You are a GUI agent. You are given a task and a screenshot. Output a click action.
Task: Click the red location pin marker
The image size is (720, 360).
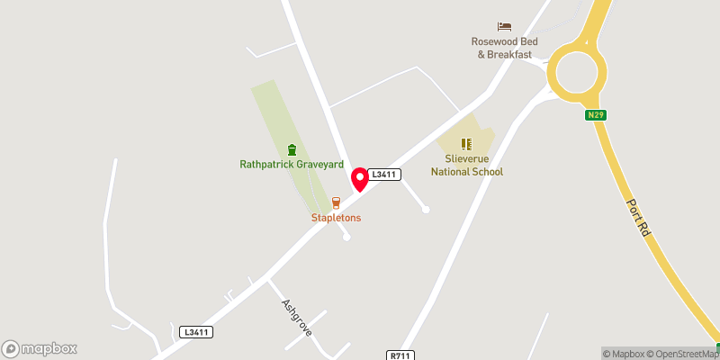pyautogui.click(x=360, y=178)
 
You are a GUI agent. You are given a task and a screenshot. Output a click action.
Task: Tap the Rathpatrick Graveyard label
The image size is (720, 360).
pyautogui.click(x=291, y=165)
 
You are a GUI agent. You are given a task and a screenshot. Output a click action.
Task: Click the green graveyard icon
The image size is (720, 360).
pyautogui.click(x=291, y=149)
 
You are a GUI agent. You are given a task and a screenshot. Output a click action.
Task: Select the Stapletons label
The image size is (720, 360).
pyautogui.click(x=336, y=218)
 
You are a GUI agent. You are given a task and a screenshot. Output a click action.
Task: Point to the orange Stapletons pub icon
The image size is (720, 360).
pyautogui.click(x=336, y=203)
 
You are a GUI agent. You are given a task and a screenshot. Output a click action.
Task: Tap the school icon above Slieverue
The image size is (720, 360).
pyautogui.click(x=466, y=143)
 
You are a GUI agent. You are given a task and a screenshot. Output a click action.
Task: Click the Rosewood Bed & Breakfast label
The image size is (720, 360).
pyautogui.click(x=504, y=48)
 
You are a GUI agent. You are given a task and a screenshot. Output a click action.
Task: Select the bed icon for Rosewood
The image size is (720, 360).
pyautogui.click(x=504, y=27)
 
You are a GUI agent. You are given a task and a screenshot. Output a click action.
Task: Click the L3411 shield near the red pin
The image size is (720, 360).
pyautogui.click(x=384, y=173)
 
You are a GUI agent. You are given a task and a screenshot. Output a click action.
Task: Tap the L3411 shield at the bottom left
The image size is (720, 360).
pyautogui.click(x=195, y=332)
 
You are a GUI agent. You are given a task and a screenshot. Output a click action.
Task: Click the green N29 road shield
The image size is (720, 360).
pyautogui.click(x=595, y=114)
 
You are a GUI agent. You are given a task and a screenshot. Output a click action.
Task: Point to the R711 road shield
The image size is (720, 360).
pyautogui.click(x=400, y=355)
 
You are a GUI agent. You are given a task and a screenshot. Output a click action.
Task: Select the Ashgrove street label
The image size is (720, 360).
pyautogui.click(x=296, y=318)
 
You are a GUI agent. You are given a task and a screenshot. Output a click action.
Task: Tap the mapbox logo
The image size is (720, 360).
pyautogui.click(x=40, y=348)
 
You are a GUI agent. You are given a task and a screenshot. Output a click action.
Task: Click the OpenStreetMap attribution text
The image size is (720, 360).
pyautogui.click(x=682, y=353)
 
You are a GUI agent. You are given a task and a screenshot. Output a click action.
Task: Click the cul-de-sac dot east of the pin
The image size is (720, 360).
pyautogui.click(x=426, y=210)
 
